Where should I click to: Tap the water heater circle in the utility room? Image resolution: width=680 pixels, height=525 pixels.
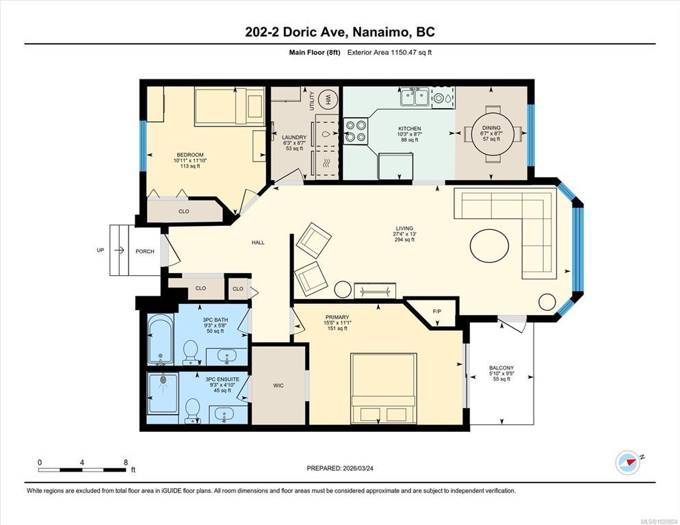pyautogui.click(x=328, y=100)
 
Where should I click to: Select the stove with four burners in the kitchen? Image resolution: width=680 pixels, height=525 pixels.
pyautogui.click(x=356, y=131)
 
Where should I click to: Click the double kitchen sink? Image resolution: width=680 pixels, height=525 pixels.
pyautogui.click(x=415, y=97)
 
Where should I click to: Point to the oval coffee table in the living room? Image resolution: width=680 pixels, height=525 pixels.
pyautogui.click(x=490, y=246)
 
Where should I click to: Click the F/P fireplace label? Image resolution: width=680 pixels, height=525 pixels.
pyautogui.click(x=436, y=311)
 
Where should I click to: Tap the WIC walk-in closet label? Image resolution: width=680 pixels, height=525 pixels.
pyautogui.click(x=278, y=385)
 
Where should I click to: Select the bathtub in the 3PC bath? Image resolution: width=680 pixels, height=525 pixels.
pyautogui.click(x=161, y=339)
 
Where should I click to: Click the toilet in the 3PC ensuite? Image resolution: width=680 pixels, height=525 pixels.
pyautogui.click(x=192, y=411)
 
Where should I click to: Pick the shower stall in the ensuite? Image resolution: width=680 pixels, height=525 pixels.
pyautogui.click(x=163, y=393)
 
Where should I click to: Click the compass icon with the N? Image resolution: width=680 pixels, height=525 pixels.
pyautogui.click(x=628, y=463)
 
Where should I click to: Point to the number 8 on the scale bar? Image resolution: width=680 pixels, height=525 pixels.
pyautogui.click(x=126, y=463)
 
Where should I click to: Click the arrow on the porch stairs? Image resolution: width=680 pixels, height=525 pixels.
pyautogui.click(x=119, y=251)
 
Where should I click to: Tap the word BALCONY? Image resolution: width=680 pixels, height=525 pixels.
pyautogui.click(x=501, y=368)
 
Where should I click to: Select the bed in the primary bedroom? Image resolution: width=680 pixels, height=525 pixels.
pyautogui.click(x=384, y=388)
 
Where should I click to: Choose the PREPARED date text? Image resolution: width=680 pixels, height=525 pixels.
pyautogui.click(x=340, y=469)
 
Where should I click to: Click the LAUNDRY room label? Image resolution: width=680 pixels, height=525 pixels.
pyautogui.click(x=294, y=137)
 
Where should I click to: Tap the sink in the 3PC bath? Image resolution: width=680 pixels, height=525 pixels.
pyautogui.click(x=226, y=357)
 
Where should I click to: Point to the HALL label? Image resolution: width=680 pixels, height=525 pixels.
pyautogui.click(x=258, y=242)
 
